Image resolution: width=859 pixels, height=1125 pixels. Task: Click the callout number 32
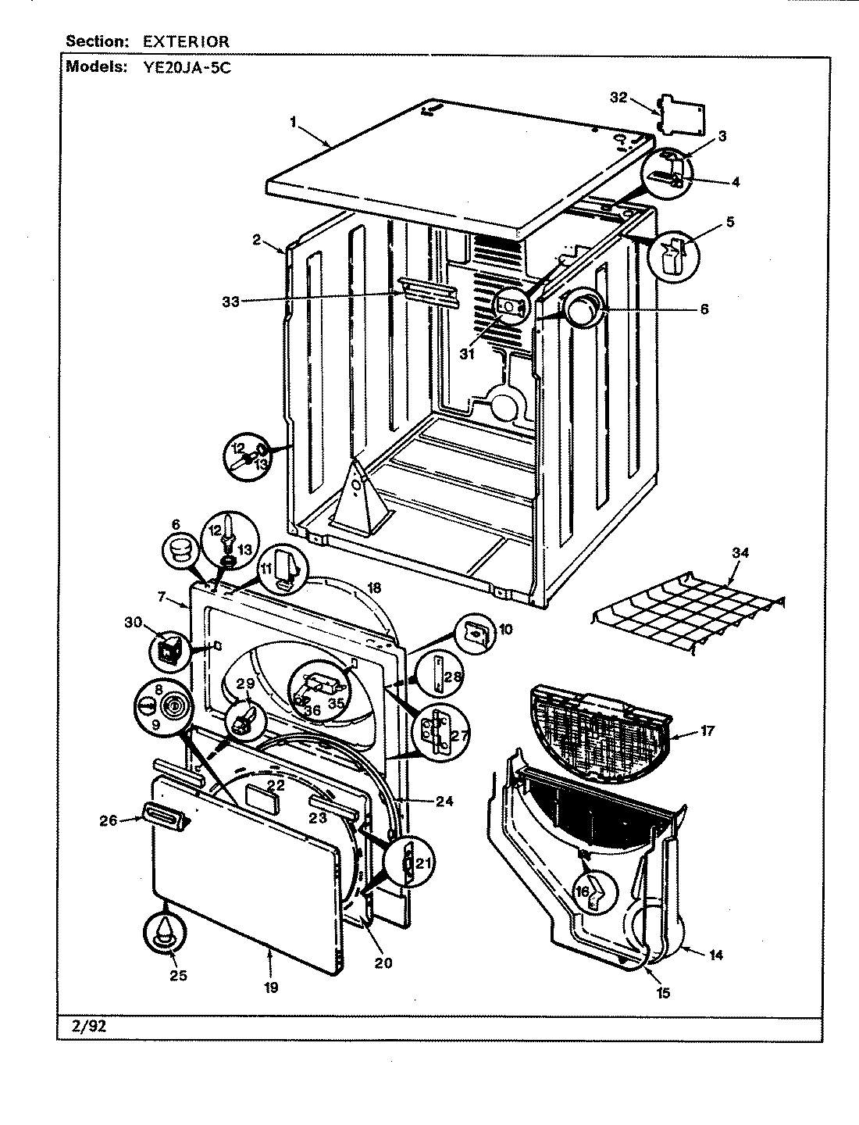pyautogui.click(x=618, y=98)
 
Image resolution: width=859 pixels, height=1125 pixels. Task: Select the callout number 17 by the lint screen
pyautogui.click(x=708, y=732)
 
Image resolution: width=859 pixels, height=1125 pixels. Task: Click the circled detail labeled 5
pyautogui.click(x=673, y=256)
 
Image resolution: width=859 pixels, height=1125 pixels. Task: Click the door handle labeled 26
pyautogui.click(x=164, y=817)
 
